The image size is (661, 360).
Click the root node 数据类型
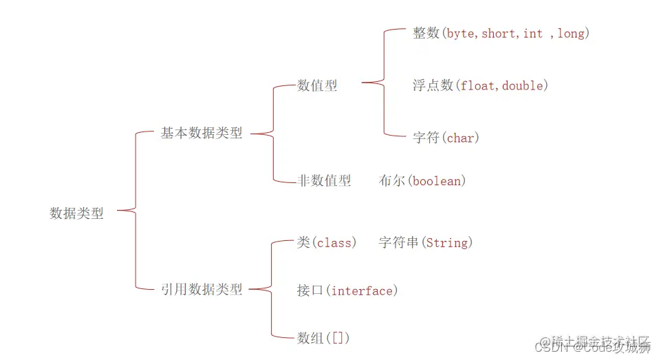click(76, 213)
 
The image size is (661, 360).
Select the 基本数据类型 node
click(202, 134)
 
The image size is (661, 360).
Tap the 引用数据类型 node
click(202, 290)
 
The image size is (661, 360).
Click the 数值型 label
click(317, 85)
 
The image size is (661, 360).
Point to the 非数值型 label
click(324, 181)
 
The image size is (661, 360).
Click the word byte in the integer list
click(460, 34)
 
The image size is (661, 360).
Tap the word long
click(571, 34)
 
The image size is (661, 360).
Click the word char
click(460, 138)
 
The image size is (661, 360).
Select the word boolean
click(437, 181)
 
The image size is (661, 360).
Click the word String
click(446, 243)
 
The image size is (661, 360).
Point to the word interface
click(362, 291)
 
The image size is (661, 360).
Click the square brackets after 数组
click(340, 338)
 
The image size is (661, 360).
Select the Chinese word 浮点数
click(433, 86)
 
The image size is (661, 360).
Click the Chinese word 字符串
click(399, 243)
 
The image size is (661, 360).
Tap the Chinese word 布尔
click(392, 181)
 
